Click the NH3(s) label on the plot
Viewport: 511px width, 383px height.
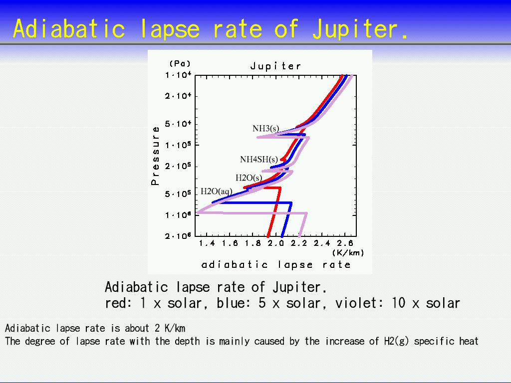(x=265, y=129)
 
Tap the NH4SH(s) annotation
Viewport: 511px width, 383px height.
(x=259, y=159)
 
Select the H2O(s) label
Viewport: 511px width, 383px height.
(x=249, y=178)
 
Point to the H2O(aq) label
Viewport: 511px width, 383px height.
(x=217, y=191)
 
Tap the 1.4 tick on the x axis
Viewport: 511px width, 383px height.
(x=207, y=243)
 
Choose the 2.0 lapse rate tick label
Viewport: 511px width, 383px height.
(x=276, y=243)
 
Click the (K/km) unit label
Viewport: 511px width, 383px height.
(x=348, y=253)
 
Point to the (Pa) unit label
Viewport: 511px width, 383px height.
(x=180, y=63)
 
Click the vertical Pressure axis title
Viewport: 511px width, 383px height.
(x=156, y=156)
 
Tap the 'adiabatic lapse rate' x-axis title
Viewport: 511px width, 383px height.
(x=276, y=264)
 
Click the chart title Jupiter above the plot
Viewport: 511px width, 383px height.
(x=275, y=66)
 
